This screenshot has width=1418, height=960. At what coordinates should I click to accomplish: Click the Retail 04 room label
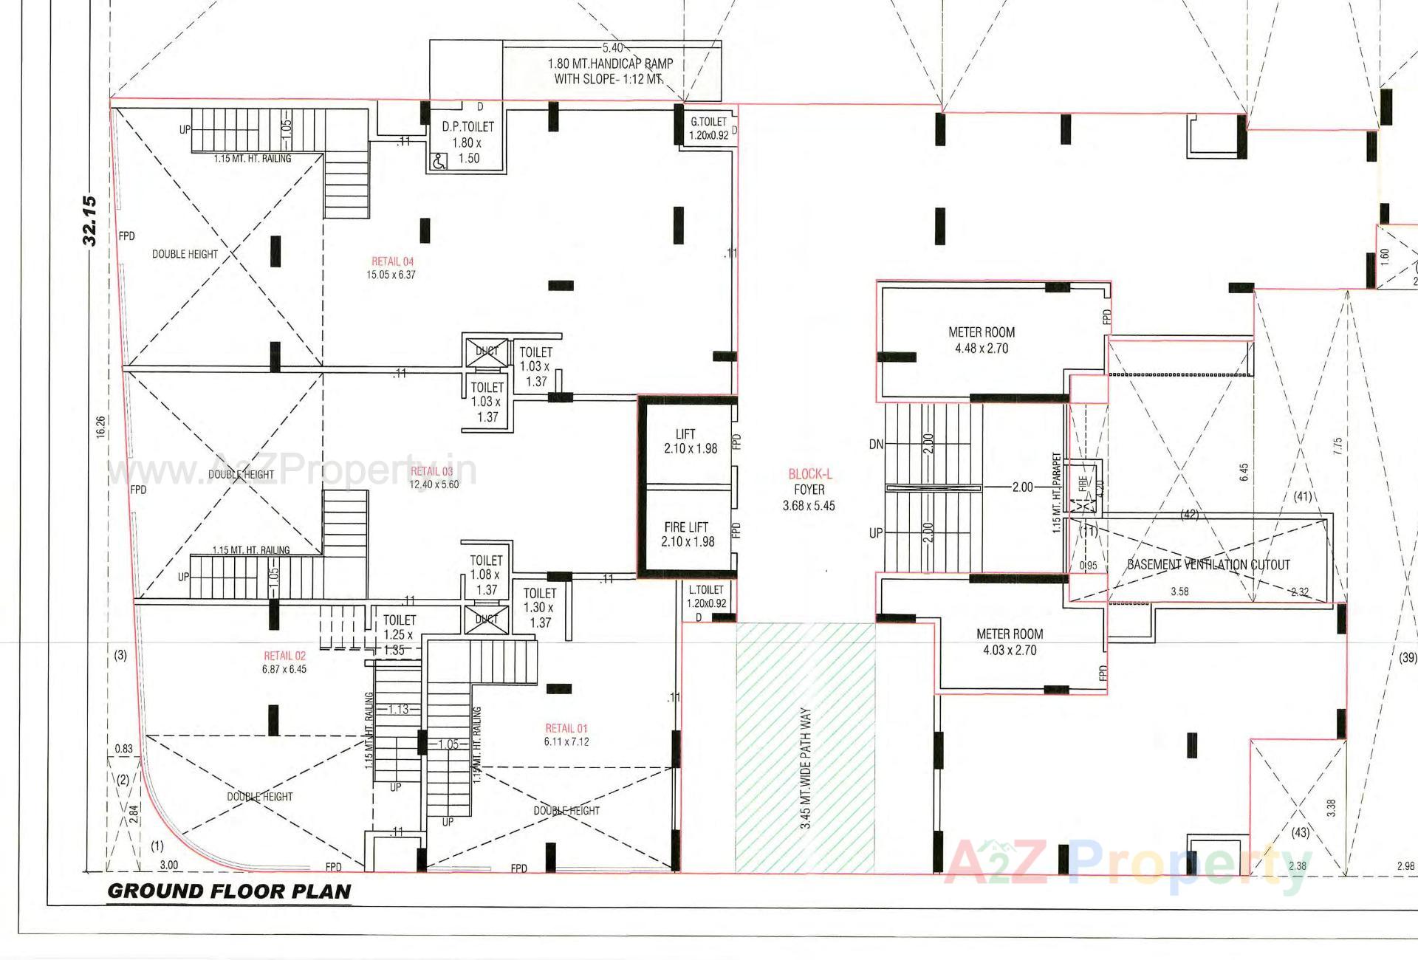point(392,262)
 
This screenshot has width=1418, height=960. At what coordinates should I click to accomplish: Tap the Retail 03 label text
point(432,472)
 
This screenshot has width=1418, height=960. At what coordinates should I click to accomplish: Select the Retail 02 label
point(284,656)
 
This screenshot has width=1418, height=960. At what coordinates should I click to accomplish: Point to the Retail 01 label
point(566,728)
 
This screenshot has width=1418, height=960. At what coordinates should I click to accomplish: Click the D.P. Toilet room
point(467,142)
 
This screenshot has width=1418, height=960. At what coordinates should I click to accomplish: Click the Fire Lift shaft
point(687,534)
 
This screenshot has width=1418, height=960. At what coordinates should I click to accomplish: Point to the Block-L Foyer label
point(809,489)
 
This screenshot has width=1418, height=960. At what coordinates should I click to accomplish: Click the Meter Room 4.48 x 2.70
point(981,340)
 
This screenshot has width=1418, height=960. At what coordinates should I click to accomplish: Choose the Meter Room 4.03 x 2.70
point(1009,642)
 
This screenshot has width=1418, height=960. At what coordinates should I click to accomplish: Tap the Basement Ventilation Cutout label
point(1208,565)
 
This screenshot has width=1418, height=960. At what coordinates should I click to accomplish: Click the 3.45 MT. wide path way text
point(805,768)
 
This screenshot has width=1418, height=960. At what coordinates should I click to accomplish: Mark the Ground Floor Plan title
point(229,891)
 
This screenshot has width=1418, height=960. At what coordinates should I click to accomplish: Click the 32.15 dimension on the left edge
point(89,220)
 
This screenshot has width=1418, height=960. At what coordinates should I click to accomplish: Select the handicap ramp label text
point(610,71)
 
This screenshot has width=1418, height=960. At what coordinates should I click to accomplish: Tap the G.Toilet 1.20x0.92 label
point(708,128)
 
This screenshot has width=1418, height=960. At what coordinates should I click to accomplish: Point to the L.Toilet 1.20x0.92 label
point(706,596)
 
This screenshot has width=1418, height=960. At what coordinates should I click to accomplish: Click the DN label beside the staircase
point(876,445)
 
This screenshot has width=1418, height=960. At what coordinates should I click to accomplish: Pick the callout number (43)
point(1300,832)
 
